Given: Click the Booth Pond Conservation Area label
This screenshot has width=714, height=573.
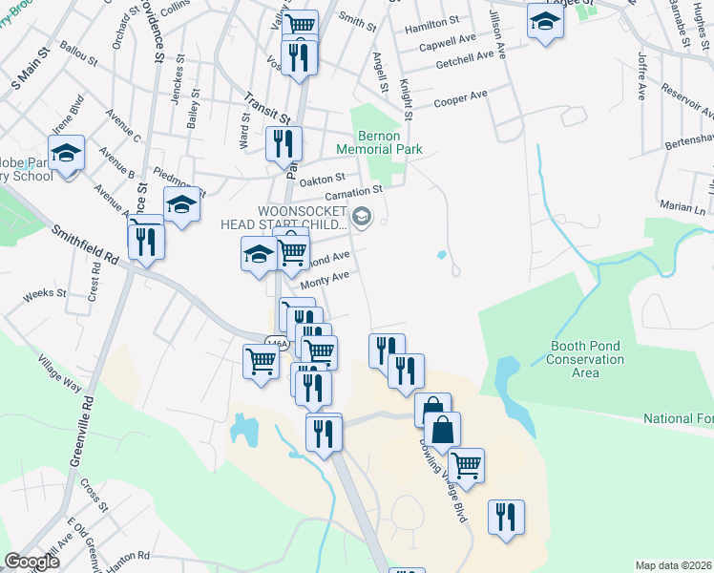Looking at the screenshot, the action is pos(585,359).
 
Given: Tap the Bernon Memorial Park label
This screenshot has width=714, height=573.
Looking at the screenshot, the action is pos(379,143).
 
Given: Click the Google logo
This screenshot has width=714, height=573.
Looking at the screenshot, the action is pos(32,562).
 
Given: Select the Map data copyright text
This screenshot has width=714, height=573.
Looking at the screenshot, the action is pos(674,565).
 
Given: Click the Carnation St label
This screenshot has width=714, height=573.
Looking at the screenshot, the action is pos(353,194).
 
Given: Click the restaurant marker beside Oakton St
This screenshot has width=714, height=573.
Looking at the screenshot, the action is pos(283,143).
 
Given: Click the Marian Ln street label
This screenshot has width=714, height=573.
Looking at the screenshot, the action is pos(682,207).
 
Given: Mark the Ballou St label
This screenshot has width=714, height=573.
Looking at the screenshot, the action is pos(78,60).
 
